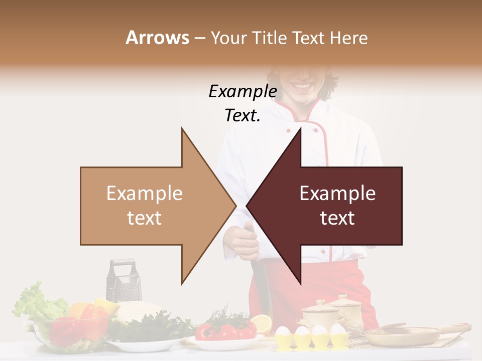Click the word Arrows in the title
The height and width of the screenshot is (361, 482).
coord(157,38)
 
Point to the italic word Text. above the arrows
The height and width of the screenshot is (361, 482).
coord(243,115)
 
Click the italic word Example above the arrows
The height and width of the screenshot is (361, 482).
coord(243,92)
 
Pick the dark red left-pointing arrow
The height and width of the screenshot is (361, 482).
coord(341,206)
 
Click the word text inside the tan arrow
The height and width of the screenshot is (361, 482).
coord(144,218)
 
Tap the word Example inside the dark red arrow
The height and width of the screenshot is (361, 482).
coord(337,194)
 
